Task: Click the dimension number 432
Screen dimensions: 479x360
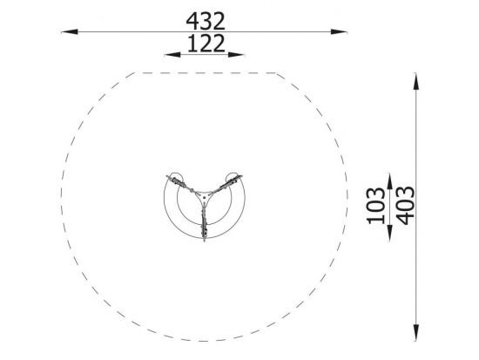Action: pyautogui.click(x=206, y=21)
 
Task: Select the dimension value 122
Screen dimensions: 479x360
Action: pyautogui.click(x=206, y=44)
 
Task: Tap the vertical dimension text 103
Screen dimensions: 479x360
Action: pyautogui.click(x=376, y=206)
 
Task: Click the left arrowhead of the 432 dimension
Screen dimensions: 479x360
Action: pyautogui.click(x=70, y=31)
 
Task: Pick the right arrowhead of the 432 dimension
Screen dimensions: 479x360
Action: pyautogui.click(x=339, y=31)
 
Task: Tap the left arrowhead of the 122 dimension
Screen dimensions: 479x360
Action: pyautogui.click(x=172, y=55)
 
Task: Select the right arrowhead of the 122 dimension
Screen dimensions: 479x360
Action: pyautogui.click(x=236, y=55)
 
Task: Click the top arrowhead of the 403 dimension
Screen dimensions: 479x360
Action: pyautogui.click(x=415, y=81)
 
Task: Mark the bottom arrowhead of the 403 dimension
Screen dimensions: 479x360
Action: pyautogui.click(x=415, y=332)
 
